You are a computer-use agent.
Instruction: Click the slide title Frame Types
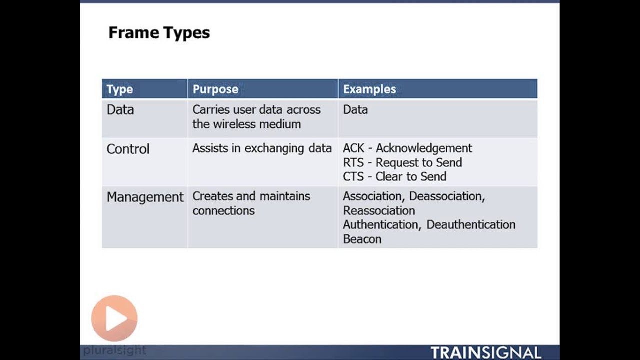point(159,33)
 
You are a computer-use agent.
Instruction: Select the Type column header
point(120,89)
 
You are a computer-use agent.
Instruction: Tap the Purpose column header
point(215,89)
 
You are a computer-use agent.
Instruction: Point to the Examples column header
point(369,89)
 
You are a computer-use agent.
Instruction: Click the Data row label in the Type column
point(120,110)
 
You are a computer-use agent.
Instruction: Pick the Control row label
point(128,149)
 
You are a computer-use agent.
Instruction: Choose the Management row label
point(145,197)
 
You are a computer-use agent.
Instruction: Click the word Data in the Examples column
point(355,110)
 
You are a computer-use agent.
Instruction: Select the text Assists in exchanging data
point(262,148)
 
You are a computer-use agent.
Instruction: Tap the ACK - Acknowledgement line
point(407,148)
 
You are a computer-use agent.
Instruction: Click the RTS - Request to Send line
point(402,162)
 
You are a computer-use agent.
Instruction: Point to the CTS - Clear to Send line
point(394,176)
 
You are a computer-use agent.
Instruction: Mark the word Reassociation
point(379,210)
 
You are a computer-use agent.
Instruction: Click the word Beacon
point(362,239)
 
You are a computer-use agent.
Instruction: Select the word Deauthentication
point(471,225)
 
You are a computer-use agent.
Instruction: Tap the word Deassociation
point(446,196)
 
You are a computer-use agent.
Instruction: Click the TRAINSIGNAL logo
point(485,352)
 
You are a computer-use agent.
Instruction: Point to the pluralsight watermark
point(115,350)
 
